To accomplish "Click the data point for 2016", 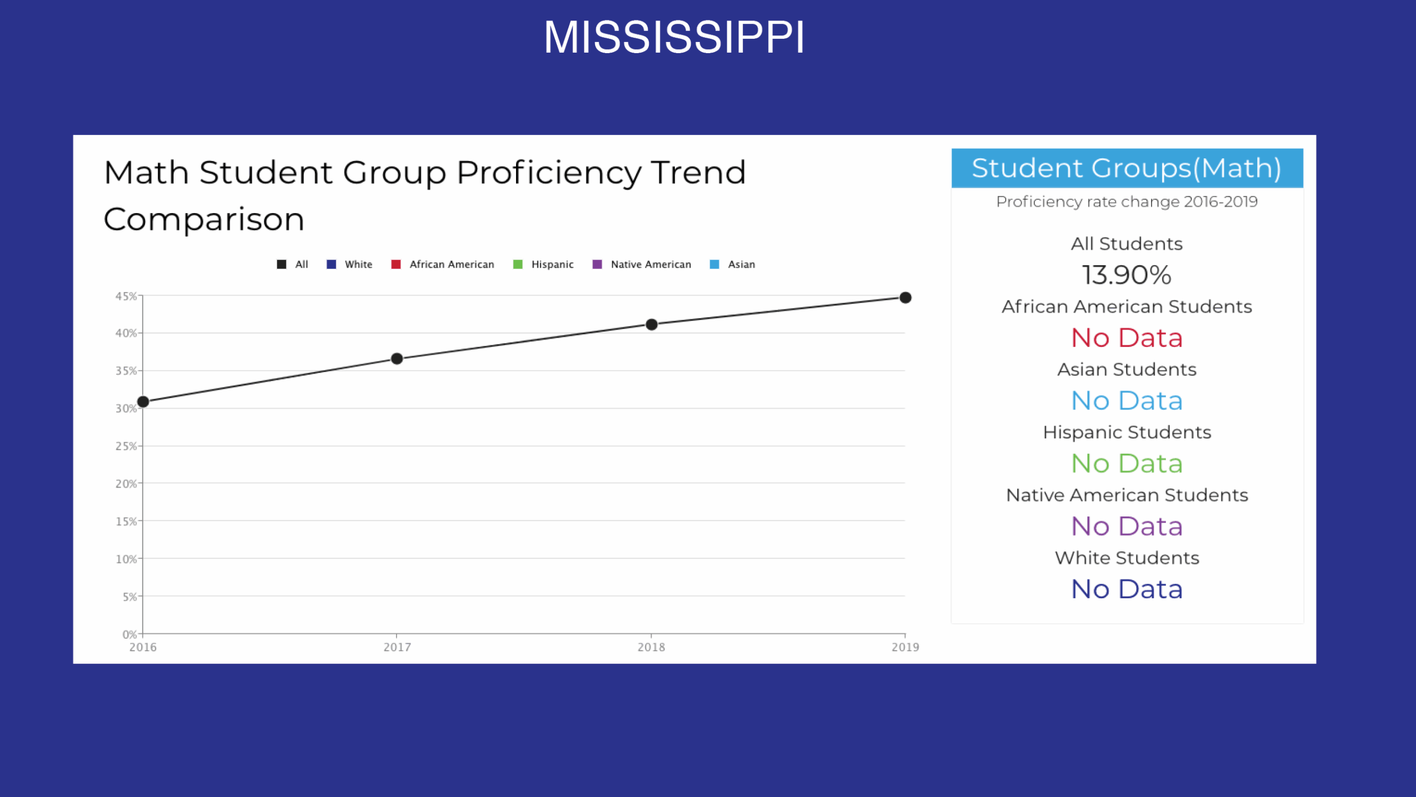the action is coord(143,402).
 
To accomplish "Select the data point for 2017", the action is coord(397,359).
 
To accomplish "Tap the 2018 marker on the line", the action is coord(652,324).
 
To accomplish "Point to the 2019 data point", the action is coord(905,298).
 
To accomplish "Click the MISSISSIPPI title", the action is coord(674,37).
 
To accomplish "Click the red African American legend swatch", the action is coord(396,265).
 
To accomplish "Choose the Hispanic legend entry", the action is coord(543,265).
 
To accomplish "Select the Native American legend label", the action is coord(651,265).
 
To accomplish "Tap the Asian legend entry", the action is coord(732,265).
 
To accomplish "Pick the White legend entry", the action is coord(350,265).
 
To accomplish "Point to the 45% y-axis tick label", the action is coord(126,296).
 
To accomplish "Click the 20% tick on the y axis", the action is coord(126,484).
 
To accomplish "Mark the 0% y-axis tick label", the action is coord(129,634).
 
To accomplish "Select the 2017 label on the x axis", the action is coord(397,647).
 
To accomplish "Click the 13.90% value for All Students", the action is coord(1127,275).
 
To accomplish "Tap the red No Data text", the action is coord(1127,338).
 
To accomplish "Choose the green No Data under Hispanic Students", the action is coord(1127,463).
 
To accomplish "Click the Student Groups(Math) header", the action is coord(1127,168).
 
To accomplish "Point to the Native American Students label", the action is coord(1127,495).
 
